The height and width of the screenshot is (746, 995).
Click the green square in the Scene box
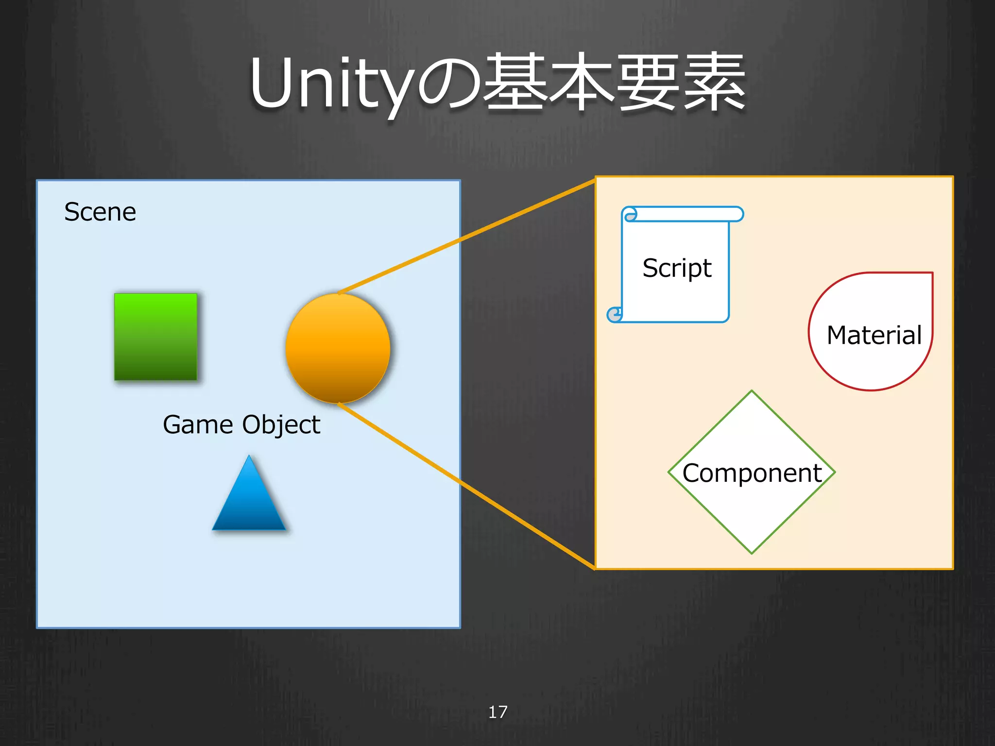click(x=155, y=337)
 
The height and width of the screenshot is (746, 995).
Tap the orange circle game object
click(x=338, y=348)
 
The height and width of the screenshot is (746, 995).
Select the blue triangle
click(x=249, y=500)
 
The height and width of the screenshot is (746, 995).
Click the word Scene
click(x=100, y=212)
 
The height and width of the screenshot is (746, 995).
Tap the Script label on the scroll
click(x=676, y=268)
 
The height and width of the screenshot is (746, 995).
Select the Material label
click(x=874, y=335)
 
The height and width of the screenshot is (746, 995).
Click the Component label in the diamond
click(x=752, y=473)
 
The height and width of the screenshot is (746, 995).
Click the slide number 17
click(x=497, y=712)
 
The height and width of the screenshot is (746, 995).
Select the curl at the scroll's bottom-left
click(x=615, y=315)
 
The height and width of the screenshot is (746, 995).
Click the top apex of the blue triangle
click(x=249, y=457)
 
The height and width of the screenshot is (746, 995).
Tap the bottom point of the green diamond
click(x=752, y=552)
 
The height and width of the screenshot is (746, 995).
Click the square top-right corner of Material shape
click(x=931, y=274)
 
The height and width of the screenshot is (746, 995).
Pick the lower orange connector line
click(x=466, y=486)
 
